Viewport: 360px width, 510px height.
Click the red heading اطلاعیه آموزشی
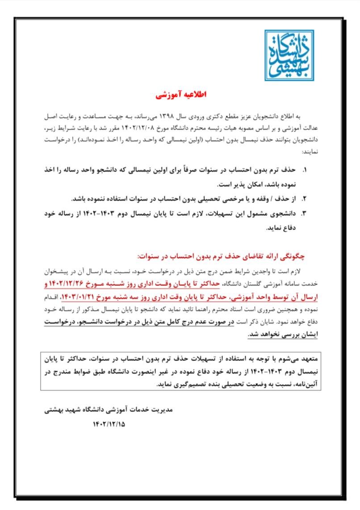(181, 96)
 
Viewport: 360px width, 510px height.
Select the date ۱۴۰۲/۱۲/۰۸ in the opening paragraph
(155, 129)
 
